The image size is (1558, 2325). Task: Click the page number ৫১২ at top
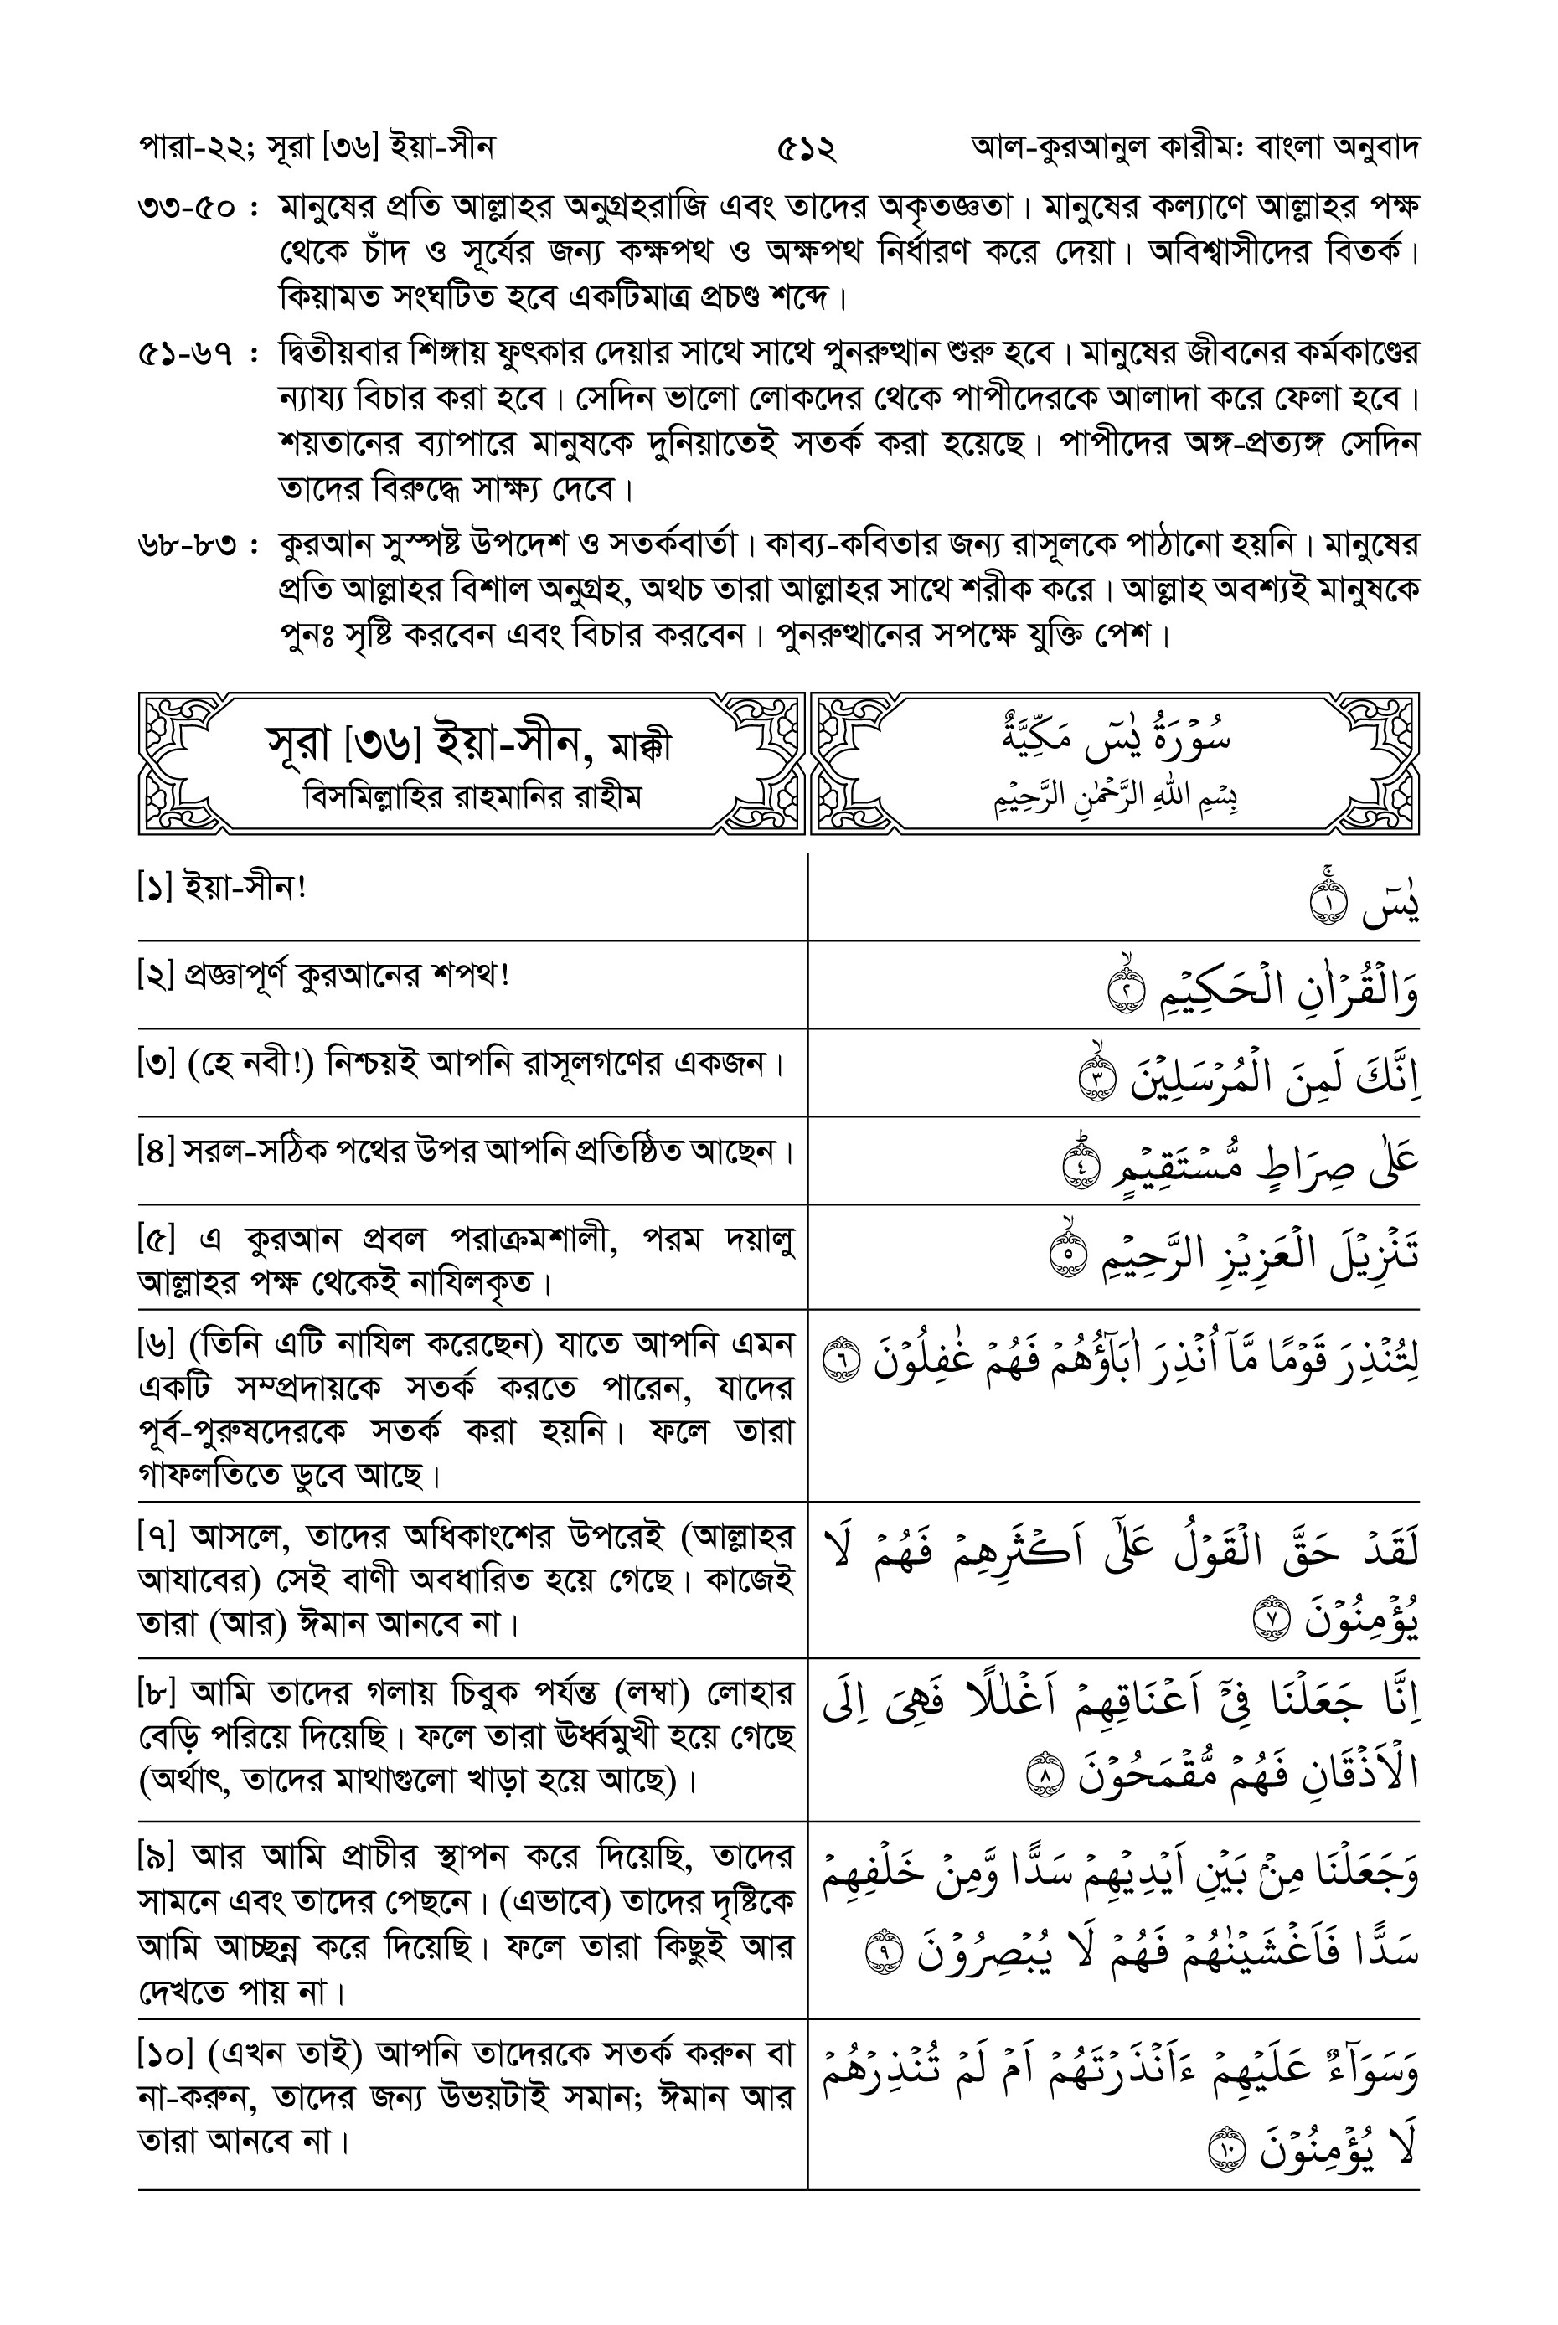pyautogui.click(x=806, y=150)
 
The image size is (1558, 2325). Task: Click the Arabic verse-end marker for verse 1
pyautogui.click(x=1329, y=905)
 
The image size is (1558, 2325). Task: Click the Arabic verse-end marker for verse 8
pyautogui.click(x=1044, y=1776)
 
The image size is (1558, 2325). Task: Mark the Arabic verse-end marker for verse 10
pyautogui.click(x=1225, y=2153)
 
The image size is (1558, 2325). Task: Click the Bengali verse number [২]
pyautogui.click(x=157, y=976)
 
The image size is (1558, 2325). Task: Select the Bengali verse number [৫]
pyautogui.click(x=157, y=1241)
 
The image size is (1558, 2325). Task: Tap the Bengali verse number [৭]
pyautogui.click(x=157, y=1537)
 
